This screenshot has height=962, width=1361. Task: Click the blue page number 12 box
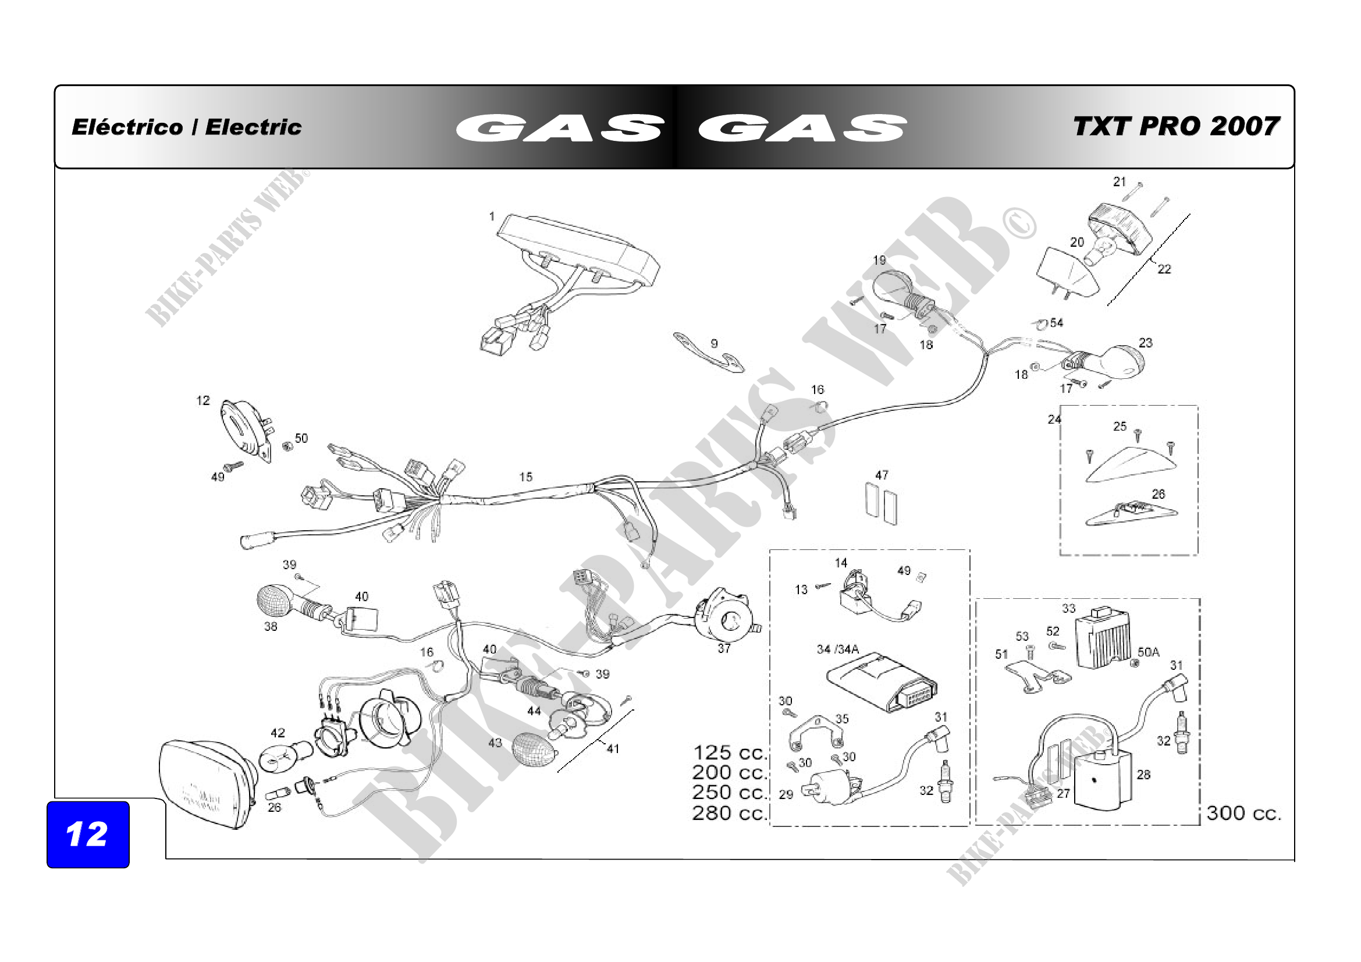[x=88, y=834]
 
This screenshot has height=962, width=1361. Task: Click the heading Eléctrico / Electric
[x=186, y=127]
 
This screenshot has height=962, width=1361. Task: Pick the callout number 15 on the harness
[x=525, y=477]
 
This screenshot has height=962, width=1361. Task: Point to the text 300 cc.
[x=1243, y=813]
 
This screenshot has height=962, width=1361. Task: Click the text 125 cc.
[x=730, y=752]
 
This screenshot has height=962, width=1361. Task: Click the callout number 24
[x=1053, y=420]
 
